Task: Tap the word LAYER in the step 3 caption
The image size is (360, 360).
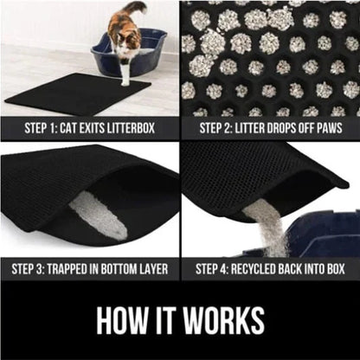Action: tap(162, 269)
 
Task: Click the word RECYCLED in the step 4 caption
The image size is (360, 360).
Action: tap(253, 269)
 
